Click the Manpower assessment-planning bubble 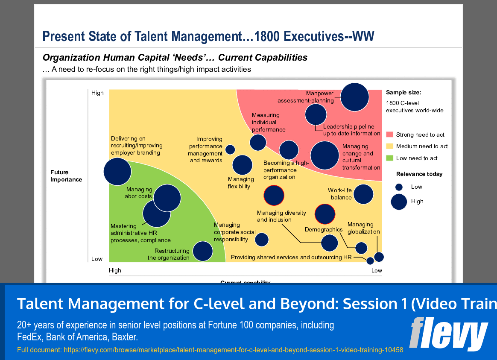pos(354,97)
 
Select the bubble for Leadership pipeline pos(316,114)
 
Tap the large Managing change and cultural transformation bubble pos(325,155)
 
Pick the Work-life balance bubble pos(363,194)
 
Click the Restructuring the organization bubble pos(202,251)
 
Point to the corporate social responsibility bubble pos(262,240)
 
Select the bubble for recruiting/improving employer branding pos(117,171)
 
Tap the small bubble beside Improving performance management pos(230,149)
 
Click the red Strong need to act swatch pos(389,135)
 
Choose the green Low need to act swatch pos(389,158)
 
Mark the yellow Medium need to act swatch pos(389,146)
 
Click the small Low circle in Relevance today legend pos(399,187)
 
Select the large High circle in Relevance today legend pos(399,202)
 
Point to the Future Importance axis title pos(66,176)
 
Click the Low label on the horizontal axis pos(376,270)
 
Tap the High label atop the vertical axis pos(97,93)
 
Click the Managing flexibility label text pos(241,183)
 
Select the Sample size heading pos(403,92)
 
